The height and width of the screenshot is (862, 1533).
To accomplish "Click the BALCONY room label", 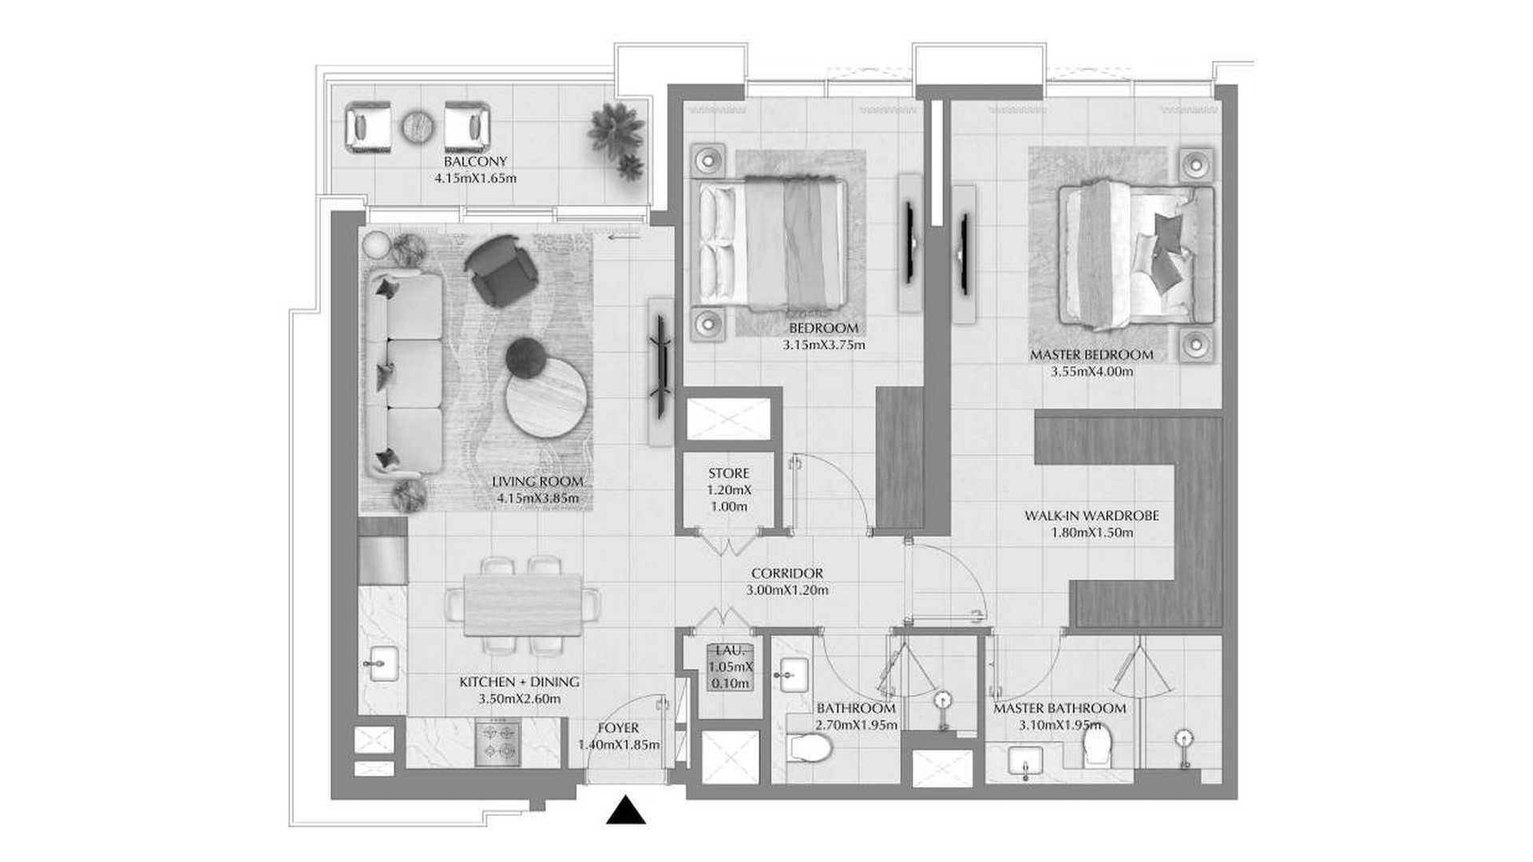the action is coord(476,162).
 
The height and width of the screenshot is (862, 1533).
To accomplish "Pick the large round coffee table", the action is coord(548,397).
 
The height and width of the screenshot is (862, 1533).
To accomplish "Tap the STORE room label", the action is coord(728,473).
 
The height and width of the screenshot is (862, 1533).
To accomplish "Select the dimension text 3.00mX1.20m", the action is coord(787,591).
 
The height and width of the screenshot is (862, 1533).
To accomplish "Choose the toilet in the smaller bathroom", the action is coord(810,748).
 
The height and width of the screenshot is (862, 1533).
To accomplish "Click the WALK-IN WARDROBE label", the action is coord(1091,516).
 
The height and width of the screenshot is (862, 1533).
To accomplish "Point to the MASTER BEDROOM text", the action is coord(1091,354).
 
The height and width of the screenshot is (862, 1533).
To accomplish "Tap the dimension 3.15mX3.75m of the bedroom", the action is coord(824,346).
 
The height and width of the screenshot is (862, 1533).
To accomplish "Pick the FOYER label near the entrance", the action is coord(618,728).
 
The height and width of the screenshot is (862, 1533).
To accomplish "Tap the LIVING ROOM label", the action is coord(537,482).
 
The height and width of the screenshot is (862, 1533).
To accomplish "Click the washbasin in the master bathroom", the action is coord(1025,762).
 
